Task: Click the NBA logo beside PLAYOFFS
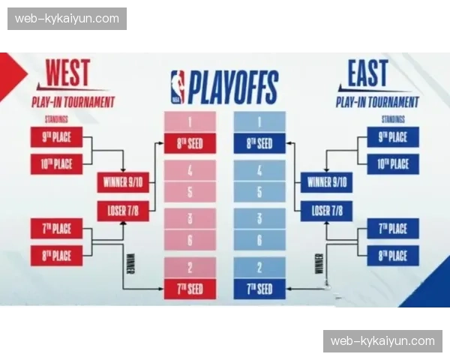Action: point(177,86)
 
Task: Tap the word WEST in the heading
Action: point(67,74)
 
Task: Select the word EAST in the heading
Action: point(367,74)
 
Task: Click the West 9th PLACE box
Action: point(56,137)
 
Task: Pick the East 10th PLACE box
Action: point(393,164)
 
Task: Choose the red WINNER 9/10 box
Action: point(123,182)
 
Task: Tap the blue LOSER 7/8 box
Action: point(327,211)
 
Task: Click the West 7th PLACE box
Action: point(56,228)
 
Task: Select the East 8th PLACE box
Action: point(393,255)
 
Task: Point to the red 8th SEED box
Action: point(190,143)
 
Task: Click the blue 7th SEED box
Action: point(259,289)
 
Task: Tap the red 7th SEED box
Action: point(190,289)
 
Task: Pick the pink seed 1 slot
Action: point(190,121)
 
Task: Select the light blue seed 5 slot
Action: point(259,191)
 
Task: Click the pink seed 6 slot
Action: point(190,240)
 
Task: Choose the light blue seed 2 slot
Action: point(259,267)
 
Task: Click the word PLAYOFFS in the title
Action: point(232,87)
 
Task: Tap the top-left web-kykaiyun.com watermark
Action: point(67,19)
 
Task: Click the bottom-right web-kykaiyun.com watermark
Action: point(382,341)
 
